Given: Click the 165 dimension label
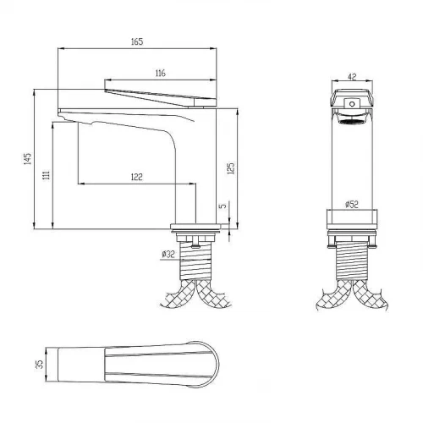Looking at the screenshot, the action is (x=137, y=41).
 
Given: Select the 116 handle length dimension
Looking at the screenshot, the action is (x=160, y=74).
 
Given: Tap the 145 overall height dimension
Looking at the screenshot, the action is (x=27, y=159).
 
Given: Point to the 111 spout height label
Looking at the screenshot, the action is (x=47, y=175).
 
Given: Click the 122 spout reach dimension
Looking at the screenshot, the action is (x=137, y=177).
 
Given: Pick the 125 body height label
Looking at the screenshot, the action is (x=231, y=168).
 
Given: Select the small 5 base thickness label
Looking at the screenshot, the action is (x=223, y=206).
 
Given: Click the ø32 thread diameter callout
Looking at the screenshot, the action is (x=168, y=255).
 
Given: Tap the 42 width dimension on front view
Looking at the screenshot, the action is (x=352, y=77).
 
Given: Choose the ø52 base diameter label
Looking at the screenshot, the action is (x=352, y=204).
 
